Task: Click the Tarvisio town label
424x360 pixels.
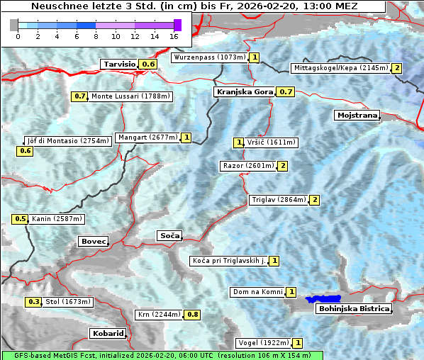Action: [119, 64]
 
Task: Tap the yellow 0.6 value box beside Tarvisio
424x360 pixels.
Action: [147, 64]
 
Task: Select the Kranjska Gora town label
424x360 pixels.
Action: [243, 91]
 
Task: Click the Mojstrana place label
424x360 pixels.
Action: [357, 115]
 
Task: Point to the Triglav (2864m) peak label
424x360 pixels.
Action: [278, 200]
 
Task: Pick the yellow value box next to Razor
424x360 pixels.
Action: [282, 166]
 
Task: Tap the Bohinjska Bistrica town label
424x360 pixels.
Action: [353, 309]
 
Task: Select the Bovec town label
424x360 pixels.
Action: [94, 242]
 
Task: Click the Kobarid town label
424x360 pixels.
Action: [108, 333]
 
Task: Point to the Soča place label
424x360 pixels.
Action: [169, 235]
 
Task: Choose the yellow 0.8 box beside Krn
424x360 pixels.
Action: [192, 314]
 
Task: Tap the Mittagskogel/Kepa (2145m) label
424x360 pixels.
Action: [340, 68]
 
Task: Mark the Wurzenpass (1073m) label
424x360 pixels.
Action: [210, 57]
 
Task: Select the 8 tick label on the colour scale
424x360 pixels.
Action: [96, 36]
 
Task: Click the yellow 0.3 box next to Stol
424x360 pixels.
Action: [33, 302]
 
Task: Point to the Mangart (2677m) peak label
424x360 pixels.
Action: [147, 137]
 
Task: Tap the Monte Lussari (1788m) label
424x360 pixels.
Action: [130, 96]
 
